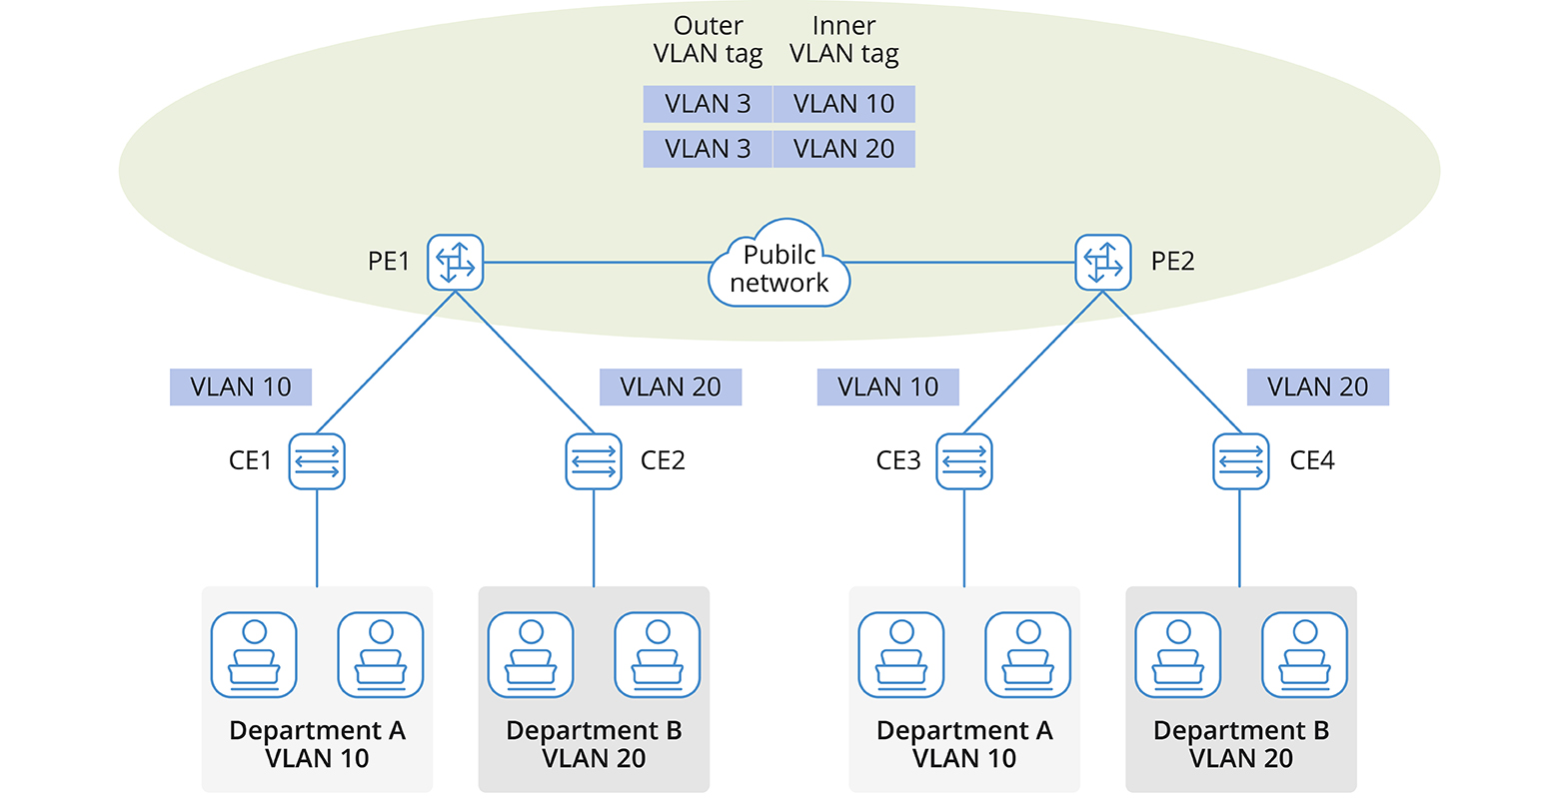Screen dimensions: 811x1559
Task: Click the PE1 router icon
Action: pyautogui.click(x=456, y=263)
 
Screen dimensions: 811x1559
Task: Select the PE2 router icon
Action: pyautogui.click(x=1103, y=263)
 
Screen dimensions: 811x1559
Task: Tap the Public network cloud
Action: pyautogui.click(x=779, y=268)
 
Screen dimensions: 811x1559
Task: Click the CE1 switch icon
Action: pyautogui.click(x=317, y=461)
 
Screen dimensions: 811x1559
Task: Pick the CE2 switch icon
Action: pyautogui.click(x=594, y=461)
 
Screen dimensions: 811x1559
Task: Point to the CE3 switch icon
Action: pyautogui.click(x=964, y=461)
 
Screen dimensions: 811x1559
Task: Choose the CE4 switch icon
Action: pyautogui.click(x=1241, y=461)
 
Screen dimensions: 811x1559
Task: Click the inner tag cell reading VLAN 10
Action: pyautogui.click(x=843, y=104)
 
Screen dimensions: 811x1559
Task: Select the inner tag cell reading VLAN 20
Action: pyautogui.click(x=843, y=149)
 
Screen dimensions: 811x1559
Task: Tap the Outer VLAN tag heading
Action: pyautogui.click(x=708, y=40)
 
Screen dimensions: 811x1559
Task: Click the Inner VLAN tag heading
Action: pyautogui.click(x=844, y=40)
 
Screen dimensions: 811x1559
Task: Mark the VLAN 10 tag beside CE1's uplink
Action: pyautogui.click(x=241, y=388)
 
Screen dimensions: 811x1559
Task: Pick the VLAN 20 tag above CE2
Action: pyautogui.click(x=671, y=388)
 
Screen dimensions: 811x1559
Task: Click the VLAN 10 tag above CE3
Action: pyautogui.click(x=888, y=388)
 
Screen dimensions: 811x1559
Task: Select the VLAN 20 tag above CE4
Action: pyautogui.click(x=1318, y=388)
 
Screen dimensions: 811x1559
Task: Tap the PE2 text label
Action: pyautogui.click(x=1172, y=262)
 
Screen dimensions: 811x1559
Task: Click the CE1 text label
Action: pyautogui.click(x=250, y=460)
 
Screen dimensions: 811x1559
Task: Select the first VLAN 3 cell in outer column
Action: pyautogui.click(x=708, y=104)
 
